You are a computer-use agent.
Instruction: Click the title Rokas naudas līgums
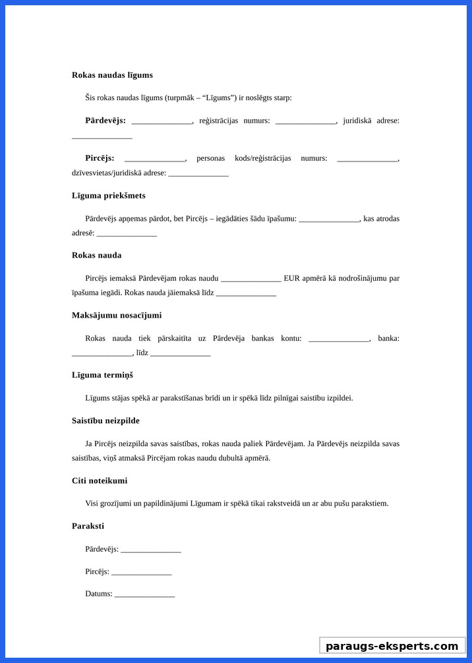(x=112, y=75)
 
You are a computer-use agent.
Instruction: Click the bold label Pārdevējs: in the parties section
(x=105, y=121)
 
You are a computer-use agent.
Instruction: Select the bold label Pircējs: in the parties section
(x=100, y=158)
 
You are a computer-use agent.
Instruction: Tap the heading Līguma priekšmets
(x=109, y=196)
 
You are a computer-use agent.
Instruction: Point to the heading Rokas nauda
(x=96, y=255)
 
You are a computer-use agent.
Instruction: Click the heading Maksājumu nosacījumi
(x=117, y=316)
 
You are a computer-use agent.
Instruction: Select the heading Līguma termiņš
(x=102, y=375)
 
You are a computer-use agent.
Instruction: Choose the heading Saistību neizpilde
(x=105, y=420)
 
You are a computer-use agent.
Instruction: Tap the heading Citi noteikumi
(x=100, y=480)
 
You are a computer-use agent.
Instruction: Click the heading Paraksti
(x=88, y=526)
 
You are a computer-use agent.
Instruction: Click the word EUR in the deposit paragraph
(x=291, y=278)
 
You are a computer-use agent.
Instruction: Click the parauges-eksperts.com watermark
(x=392, y=646)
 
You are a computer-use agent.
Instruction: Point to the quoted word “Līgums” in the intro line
(x=220, y=98)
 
